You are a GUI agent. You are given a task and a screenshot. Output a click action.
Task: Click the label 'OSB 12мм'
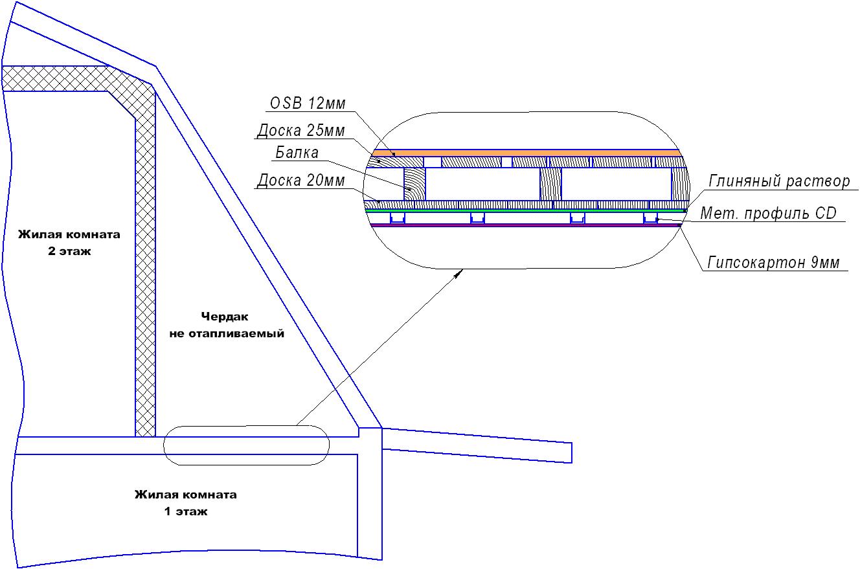(x=308, y=103)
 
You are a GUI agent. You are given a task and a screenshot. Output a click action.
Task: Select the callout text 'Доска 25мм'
(x=300, y=131)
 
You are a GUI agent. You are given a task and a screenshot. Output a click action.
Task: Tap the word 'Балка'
(x=297, y=153)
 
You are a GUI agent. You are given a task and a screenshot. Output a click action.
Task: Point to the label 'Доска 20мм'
(x=300, y=180)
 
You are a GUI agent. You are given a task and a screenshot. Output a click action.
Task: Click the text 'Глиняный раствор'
(x=779, y=181)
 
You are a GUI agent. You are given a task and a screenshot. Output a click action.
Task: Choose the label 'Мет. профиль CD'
(x=768, y=213)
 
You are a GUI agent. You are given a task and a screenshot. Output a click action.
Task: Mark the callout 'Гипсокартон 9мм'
(x=773, y=262)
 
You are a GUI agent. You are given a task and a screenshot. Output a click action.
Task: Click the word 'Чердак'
(x=225, y=317)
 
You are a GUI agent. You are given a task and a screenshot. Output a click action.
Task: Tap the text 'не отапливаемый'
(x=227, y=333)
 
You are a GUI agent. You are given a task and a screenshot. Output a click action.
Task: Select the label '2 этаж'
(x=69, y=251)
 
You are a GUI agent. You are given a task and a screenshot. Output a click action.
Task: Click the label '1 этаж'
(x=186, y=511)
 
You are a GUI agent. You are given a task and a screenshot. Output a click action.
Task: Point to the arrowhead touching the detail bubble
(x=458, y=273)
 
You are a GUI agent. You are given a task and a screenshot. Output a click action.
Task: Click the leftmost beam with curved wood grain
(x=414, y=184)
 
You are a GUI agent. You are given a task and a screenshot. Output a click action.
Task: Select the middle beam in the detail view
(x=550, y=184)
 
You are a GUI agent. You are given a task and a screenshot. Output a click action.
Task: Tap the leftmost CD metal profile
(x=398, y=218)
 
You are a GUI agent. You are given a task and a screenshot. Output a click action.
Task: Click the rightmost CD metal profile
(x=650, y=218)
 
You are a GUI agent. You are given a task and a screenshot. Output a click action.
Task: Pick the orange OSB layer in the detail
(x=526, y=153)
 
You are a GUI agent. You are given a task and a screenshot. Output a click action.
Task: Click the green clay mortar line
(x=525, y=210)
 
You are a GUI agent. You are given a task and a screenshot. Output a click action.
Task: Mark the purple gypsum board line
(x=525, y=225)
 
